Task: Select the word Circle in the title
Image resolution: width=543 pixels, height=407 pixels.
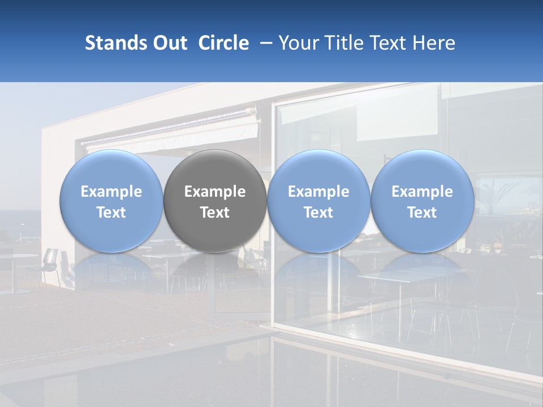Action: point(223,43)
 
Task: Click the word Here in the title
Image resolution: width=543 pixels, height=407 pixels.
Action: point(434,43)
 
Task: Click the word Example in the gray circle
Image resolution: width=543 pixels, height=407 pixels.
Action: point(215,192)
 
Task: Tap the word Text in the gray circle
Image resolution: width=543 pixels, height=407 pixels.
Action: point(215,213)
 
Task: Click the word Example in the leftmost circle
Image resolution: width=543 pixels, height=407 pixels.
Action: point(111,192)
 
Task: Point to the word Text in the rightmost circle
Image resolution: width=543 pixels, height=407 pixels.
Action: point(423,213)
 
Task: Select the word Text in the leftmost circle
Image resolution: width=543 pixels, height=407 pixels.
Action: point(111,213)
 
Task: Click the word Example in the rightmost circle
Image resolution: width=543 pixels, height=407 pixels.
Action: point(423,192)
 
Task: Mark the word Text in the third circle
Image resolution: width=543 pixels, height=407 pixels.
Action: point(318,213)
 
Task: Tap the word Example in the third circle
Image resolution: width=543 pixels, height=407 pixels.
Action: point(318,192)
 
